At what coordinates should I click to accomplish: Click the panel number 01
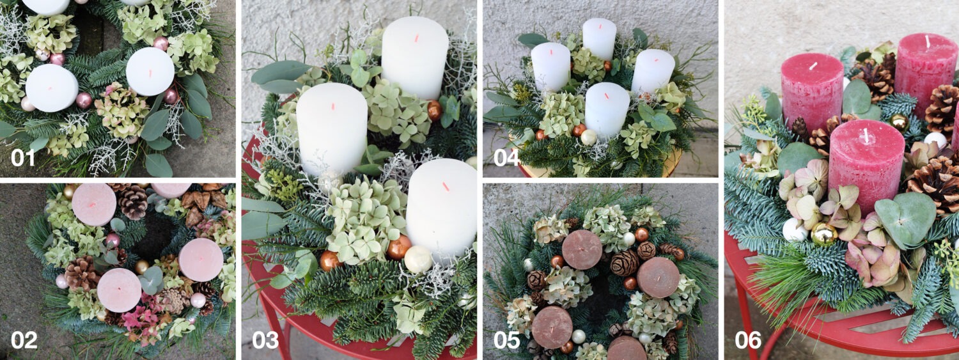click(22, 156)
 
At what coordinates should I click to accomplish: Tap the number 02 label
click(24, 340)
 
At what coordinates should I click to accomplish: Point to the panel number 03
click(265, 340)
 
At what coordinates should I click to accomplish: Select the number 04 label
click(506, 156)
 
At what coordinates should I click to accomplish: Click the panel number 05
click(506, 340)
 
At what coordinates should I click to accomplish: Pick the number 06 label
click(747, 340)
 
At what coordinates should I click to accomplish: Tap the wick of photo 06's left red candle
click(813, 66)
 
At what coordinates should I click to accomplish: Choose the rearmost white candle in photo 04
click(599, 38)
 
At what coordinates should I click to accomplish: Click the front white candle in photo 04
click(607, 109)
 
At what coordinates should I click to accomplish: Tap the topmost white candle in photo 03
click(416, 58)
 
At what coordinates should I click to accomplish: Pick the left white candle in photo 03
click(331, 128)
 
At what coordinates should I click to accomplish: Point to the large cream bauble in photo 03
click(418, 258)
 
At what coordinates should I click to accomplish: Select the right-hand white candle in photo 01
click(150, 71)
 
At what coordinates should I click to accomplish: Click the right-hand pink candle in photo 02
click(201, 260)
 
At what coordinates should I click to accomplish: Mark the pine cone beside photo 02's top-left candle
click(133, 201)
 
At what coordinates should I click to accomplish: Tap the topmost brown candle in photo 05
click(582, 249)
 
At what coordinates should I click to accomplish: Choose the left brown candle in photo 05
click(552, 326)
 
